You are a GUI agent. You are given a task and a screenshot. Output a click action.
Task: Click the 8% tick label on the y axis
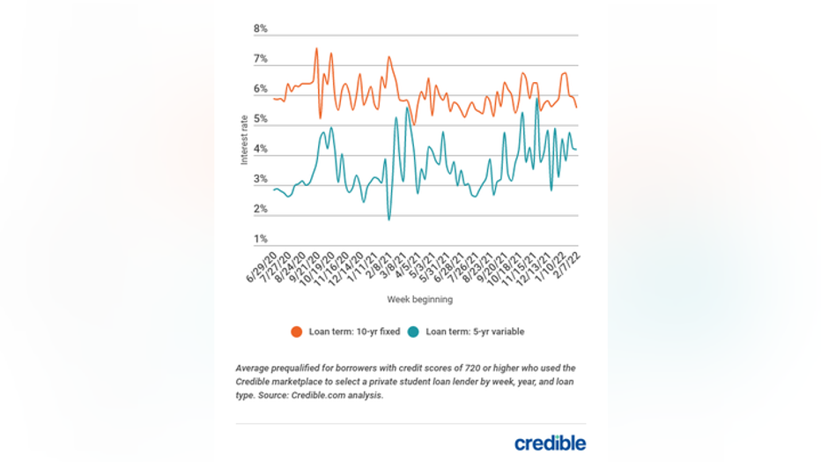coord(261,29)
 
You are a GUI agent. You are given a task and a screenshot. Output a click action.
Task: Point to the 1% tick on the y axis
coord(261,239)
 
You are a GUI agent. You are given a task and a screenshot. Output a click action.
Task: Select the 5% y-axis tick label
coord(261,119)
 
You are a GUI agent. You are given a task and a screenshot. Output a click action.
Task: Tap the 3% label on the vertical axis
coord(261,179)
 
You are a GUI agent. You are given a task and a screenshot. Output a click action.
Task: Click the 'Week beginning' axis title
coord(419,300)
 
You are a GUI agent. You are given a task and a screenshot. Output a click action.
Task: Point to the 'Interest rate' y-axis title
coord(245,139)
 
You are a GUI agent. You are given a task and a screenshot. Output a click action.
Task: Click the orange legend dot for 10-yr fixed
coord(297,332)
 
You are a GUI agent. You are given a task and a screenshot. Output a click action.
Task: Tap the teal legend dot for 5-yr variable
coord(413,332)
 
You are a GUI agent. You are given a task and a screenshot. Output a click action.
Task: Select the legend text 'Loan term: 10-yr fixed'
coord(354,332)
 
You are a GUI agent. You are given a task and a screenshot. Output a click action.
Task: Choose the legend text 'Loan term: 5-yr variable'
coord(475,332)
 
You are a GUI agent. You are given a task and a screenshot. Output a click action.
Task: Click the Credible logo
coord(550,443)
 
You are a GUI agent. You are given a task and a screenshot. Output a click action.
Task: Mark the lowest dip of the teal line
coord(388,219)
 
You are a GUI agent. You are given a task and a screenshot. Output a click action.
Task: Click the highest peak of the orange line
coord(316,48)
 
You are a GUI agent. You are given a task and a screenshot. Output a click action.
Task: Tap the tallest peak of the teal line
coord(536,99)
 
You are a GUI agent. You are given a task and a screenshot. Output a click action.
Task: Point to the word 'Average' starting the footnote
coord(253,368)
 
